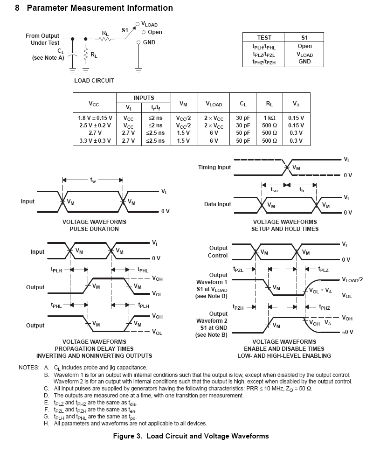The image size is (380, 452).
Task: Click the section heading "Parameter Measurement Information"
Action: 100,8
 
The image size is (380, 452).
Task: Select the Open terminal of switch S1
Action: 144,32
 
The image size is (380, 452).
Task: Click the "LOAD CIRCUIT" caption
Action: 94,80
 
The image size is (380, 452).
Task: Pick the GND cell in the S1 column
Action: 304,62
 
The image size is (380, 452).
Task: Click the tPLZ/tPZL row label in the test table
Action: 264,55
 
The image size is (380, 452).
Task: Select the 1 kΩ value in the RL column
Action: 269,118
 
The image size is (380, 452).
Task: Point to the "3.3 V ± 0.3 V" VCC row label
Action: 95,141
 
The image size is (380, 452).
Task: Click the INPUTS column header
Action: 144,97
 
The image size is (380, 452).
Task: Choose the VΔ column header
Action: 296,104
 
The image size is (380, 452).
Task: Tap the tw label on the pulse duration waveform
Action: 93,180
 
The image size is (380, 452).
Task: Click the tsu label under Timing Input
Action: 274,190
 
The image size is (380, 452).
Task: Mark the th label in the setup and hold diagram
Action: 302,190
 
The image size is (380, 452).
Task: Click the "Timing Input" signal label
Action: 214,167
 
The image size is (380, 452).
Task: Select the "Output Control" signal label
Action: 218,252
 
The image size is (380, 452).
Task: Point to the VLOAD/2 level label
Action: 352,279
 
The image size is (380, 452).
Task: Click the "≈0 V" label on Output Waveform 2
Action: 347,332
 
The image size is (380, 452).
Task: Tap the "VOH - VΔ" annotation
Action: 320,323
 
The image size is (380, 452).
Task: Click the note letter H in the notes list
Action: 46,424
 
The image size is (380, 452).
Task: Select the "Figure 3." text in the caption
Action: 127,436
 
